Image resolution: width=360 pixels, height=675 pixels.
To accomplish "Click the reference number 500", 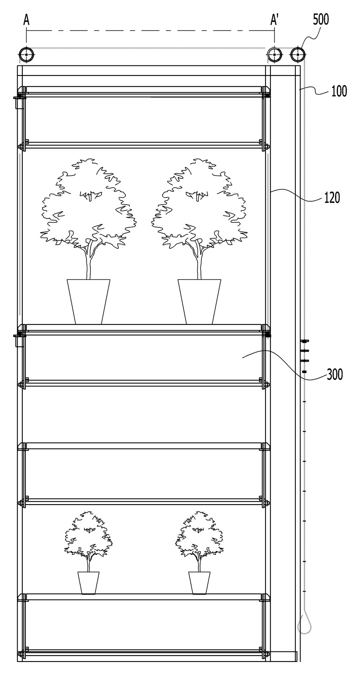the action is (321, 20).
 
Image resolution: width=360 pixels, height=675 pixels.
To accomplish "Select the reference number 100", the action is (339, 91).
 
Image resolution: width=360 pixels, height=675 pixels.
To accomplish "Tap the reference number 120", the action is (332, 198).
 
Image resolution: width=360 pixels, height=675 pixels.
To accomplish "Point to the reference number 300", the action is (335, 375).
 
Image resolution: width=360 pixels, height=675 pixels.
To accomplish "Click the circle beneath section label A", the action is (27, 55).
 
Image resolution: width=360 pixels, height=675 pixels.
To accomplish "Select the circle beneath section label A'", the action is (274, 55).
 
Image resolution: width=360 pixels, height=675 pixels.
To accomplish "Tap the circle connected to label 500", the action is (298, 55).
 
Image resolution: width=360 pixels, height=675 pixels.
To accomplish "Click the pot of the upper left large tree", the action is (88, 302).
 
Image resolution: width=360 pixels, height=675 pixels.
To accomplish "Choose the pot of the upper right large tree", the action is (199, 302).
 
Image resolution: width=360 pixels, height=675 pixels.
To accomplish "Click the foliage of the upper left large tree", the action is (88, 202).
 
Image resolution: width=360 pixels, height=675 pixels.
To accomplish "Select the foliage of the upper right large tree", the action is (199, 202).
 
